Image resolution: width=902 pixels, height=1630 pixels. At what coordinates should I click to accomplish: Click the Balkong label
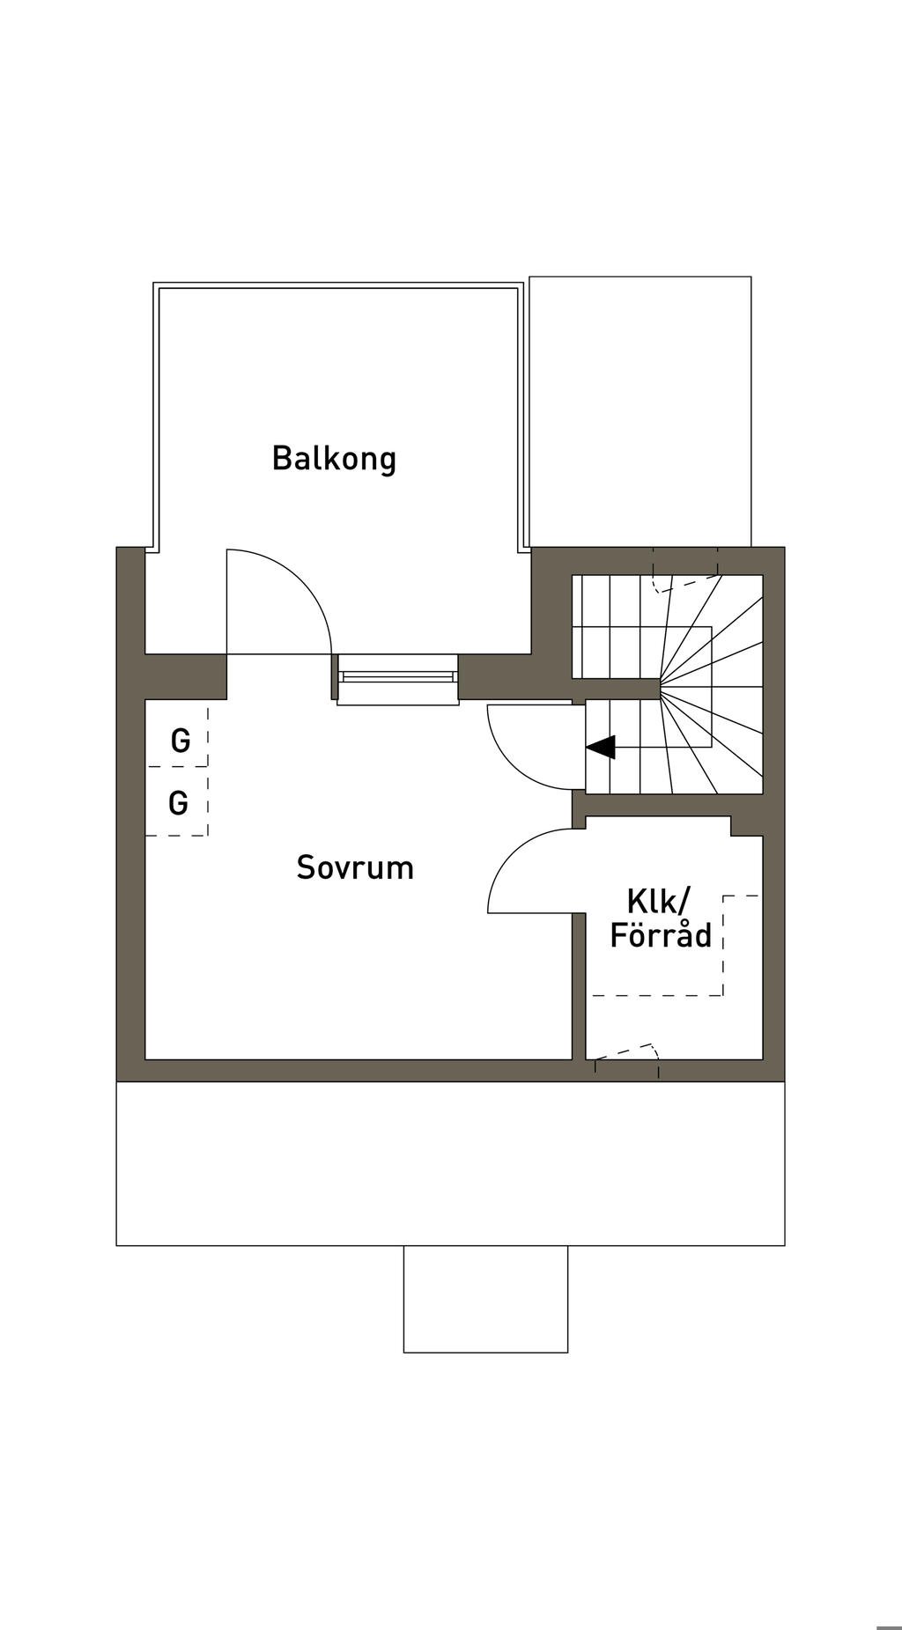coord(334,459)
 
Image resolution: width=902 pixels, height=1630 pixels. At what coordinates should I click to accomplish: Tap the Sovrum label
coord(355,868)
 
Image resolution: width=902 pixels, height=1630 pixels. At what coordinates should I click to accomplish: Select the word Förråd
coord(661,935)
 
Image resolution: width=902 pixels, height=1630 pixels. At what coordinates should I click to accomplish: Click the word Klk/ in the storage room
coord(659,901)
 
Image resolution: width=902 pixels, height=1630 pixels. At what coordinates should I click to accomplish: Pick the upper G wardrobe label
coord(181,741)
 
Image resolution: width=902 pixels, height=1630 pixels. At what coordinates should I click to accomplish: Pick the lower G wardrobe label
coord(179,803)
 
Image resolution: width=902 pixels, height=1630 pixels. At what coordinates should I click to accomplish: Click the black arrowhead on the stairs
coord(602,748)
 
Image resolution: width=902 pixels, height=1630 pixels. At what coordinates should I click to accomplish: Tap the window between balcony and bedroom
coord(398,677)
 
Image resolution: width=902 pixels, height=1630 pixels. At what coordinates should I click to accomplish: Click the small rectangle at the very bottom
coord(485,1299)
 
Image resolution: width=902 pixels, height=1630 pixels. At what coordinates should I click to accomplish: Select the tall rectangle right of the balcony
coord(640,410)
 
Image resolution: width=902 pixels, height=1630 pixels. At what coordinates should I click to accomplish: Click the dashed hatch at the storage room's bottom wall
coord(626,1051)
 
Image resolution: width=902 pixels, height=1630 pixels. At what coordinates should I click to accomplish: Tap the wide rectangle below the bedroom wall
coord(450,1163)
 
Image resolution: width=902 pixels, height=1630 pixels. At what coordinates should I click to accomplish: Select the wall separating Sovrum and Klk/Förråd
coord(579,986)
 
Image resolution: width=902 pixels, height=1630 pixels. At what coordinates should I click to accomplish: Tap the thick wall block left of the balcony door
coord(186,676)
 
